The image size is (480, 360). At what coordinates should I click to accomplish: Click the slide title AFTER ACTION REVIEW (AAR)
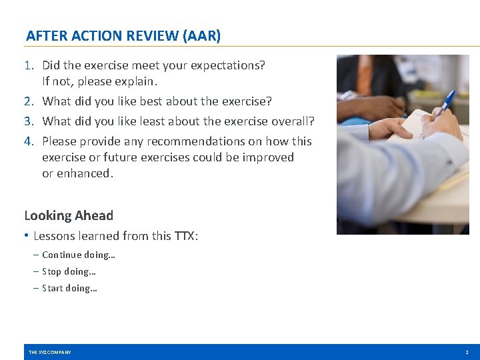click(123, 36)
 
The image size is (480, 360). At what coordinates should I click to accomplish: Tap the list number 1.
click(29, 65)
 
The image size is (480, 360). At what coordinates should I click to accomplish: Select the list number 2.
click(29, 101)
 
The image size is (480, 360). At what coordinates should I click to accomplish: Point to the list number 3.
click(29, 121)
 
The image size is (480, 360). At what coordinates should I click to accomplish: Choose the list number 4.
click(29, 141)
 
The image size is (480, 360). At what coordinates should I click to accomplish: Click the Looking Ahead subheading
click(69, 215)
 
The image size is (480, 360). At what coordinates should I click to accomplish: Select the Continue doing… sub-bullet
click(79, 255)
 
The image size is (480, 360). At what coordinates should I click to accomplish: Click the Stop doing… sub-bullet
click(69, 271)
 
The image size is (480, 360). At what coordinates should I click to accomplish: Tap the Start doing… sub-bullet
click(69, 288)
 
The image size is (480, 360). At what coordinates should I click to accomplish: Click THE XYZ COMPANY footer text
click(50, 352)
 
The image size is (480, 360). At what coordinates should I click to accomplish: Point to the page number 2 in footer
click(467, 352)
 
